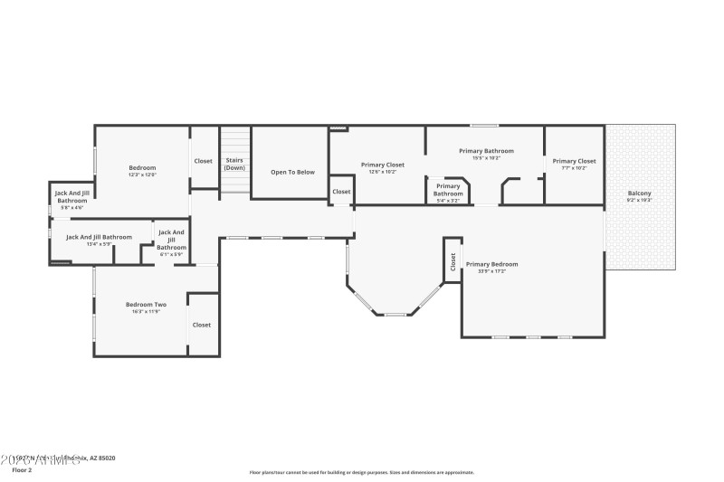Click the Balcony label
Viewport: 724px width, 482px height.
[640, 194]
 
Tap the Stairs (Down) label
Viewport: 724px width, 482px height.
[234, 164]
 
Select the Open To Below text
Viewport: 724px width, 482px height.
[292, 172]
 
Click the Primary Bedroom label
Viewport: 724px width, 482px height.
[491, 264]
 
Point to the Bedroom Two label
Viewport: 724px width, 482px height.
[146, 304]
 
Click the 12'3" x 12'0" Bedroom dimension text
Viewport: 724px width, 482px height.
[142, 175]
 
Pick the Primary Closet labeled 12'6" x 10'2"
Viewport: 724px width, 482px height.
[382, 165]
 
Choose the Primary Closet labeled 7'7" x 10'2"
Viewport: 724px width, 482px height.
[575, 161]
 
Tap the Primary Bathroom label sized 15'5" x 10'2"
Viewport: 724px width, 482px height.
[486, 151]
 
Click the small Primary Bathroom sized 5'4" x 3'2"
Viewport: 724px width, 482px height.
[447, 190]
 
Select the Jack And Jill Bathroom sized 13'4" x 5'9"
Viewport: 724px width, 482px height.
[99, 237]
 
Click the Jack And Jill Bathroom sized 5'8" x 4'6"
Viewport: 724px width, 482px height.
[71, 196]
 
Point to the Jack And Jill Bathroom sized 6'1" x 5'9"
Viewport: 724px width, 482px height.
[171, 240]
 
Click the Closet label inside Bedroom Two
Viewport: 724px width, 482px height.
[201, 325]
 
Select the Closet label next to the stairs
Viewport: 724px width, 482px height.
[204, 161]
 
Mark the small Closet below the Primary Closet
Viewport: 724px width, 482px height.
[341, 192]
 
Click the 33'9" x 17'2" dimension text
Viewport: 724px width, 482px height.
[491, 271]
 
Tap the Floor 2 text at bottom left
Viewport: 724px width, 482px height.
[23, 470]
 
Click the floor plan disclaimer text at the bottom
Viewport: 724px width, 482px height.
[361, 472]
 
